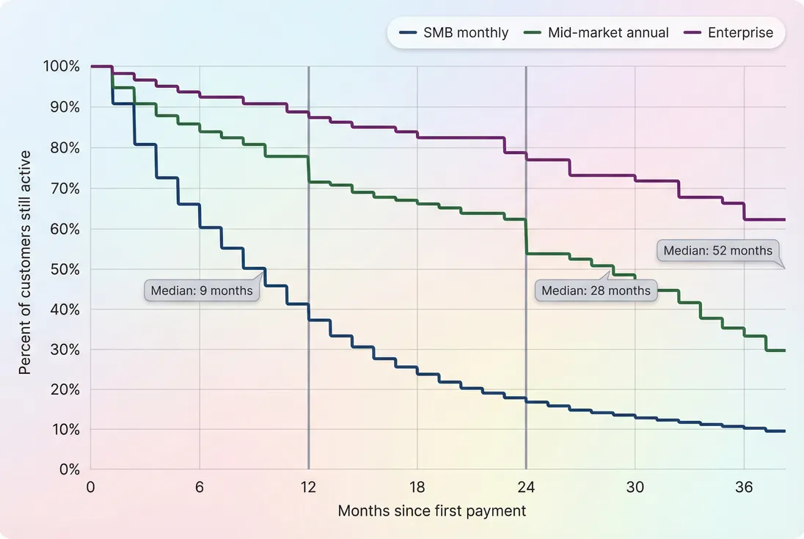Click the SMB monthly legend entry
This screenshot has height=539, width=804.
pos(454,33)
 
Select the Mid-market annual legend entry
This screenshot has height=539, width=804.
pos(597,33)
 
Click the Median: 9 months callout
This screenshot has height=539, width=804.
pos(202,290)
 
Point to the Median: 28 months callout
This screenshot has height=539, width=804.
pos(596,290)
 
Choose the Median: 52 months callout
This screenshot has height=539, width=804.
pos(717,251)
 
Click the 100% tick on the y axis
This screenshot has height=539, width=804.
pos(62,67)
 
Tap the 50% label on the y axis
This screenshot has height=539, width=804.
pos(65,268)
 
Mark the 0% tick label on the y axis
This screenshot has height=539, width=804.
pos(69,469)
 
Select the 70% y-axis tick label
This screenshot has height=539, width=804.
pos(65,188)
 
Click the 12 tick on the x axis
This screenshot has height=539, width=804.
pos(308,487)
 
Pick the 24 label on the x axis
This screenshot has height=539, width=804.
pos(526,487)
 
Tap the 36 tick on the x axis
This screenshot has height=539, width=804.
pos(744,487)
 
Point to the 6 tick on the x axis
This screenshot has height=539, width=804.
pos(200,487)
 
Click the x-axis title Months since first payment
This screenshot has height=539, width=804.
pos(432,511)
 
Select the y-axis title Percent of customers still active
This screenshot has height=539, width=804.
pos(25,263)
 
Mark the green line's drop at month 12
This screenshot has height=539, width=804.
pos(309,169)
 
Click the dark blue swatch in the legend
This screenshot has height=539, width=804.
pos(408,33)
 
